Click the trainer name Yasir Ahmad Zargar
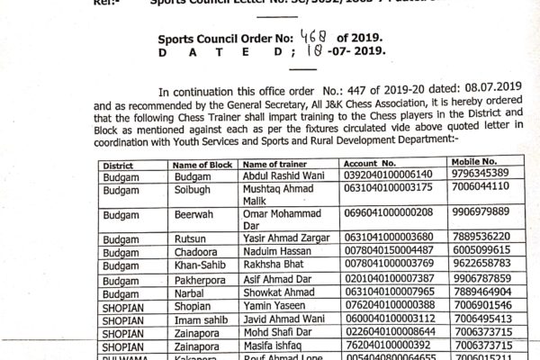289,235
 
